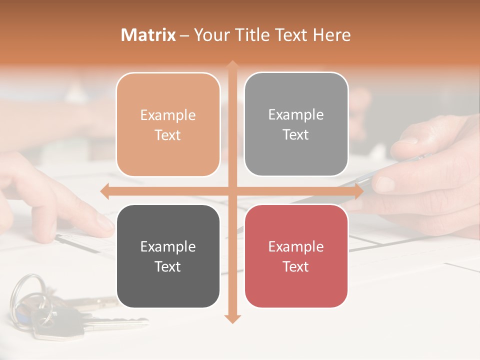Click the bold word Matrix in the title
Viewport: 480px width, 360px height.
coord(148,35)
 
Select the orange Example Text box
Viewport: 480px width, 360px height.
coord(168,124)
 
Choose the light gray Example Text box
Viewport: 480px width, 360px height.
coord(296,124)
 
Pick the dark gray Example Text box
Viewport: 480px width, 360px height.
coord(168,256)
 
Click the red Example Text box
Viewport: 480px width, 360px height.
coord(296,256)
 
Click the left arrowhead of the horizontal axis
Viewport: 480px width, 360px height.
coord(104,191)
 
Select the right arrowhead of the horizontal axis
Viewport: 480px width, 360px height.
coord(358,191)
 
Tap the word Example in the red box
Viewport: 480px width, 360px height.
coord(296,246)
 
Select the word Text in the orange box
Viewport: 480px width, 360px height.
coord(168,135)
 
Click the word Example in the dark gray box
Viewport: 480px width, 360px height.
coord(168,246)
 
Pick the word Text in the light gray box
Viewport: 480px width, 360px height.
coord(296,134)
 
